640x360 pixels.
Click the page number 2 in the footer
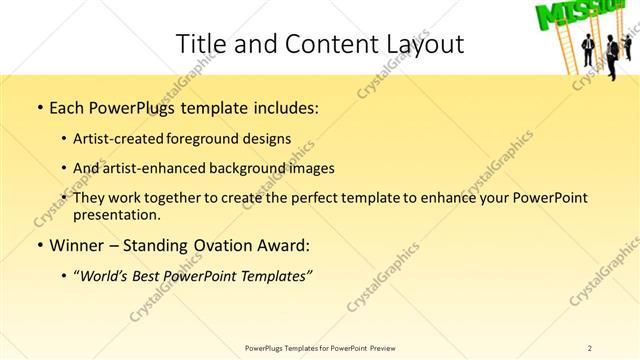click(589, 348)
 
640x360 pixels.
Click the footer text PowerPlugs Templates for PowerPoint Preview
click(320, 348)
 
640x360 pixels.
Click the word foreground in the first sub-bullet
click(223, 138)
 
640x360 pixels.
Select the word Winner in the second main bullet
click(76, 245)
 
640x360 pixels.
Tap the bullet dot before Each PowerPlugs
click(39, 106)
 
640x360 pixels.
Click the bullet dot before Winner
click(39, 246)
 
